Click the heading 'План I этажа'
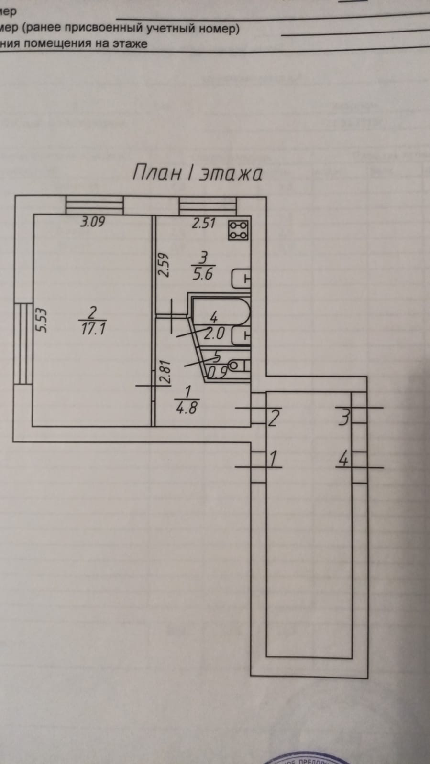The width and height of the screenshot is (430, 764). tap(197, 173)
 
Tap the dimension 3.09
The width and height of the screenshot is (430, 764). tap(92, 222)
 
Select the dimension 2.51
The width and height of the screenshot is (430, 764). tap(204, 223)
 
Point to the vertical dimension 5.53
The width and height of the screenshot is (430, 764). tap(43, 320)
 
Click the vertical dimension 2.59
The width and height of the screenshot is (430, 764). tap(165, 265)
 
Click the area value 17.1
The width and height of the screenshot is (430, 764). tap(92, 329)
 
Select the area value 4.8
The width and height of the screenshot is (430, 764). tap(186, 409)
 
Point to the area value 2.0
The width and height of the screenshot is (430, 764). tap(214, 333)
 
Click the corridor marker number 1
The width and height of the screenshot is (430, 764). tap(274, 460)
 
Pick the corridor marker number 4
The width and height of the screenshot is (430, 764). tap(343, 460)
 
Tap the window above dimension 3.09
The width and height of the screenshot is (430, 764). tap(94, 206)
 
